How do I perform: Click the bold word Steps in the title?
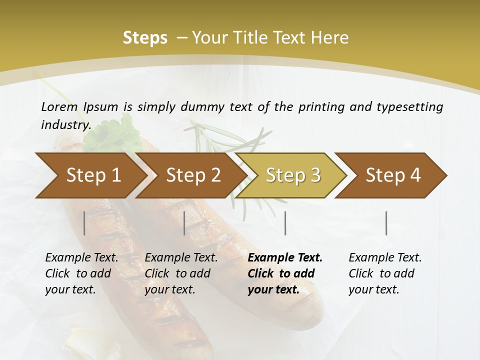click(x=145, y=38)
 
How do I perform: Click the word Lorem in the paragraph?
click(x=59, y=106)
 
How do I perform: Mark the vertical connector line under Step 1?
click(x=84, y=223)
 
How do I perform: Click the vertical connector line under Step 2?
click(x=184, y=223)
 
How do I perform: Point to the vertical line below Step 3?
click(x=285, y=223)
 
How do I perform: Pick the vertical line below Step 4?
click(x=386, y=223)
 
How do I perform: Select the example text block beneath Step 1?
click(x=81, y=273)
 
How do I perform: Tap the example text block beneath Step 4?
click(x=385, y=273)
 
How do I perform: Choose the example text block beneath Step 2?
click(x=181, y=273)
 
